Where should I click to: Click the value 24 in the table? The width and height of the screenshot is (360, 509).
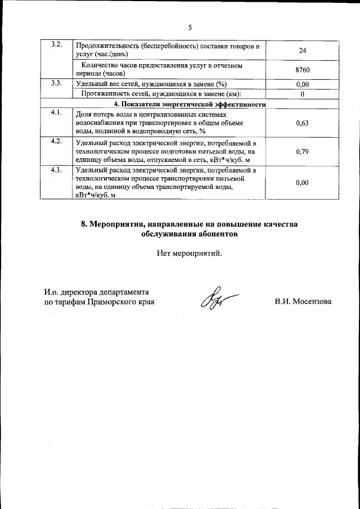tap(302, 50)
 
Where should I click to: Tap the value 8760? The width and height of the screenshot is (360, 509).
tap(302, 70)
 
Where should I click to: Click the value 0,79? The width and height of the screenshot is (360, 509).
tap(302, 151)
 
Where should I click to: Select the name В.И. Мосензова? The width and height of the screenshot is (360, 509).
tap(303, 301)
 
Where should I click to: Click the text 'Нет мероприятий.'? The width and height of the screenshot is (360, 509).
tap(190, 253)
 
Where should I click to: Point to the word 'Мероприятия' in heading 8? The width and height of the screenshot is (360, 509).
tap(119, 224)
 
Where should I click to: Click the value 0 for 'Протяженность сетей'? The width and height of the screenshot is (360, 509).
tap(302, 93)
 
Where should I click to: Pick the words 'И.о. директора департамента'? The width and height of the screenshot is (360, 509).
tap(96, 292)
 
